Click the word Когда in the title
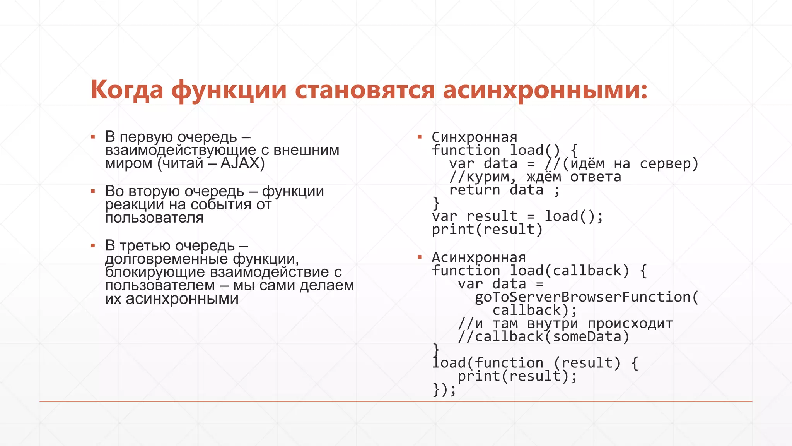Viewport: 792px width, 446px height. (x=127, y=90)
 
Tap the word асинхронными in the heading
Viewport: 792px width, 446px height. (x=544, y=90)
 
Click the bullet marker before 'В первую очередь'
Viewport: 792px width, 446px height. (x=93, y=137)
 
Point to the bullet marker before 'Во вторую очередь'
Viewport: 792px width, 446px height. (x=93, y=191)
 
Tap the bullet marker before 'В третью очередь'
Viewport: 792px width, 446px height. (x=93, y=245)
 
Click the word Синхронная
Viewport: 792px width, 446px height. (x=475, y=137)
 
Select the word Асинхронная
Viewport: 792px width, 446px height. (x=479, y=257)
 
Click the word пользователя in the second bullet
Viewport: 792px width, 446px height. (x=154, y=218)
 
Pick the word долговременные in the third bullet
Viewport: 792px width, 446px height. (x=167, y=259)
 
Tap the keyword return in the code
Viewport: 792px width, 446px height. (x=475, y=190)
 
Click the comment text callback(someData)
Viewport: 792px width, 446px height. (x=552, y=336)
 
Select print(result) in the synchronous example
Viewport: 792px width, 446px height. (x=487, y=230)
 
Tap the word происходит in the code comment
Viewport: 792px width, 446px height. (x=630, y=323)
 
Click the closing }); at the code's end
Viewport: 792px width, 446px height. (x=444, y=389)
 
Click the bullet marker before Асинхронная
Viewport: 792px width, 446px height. (x=420, y=257)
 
